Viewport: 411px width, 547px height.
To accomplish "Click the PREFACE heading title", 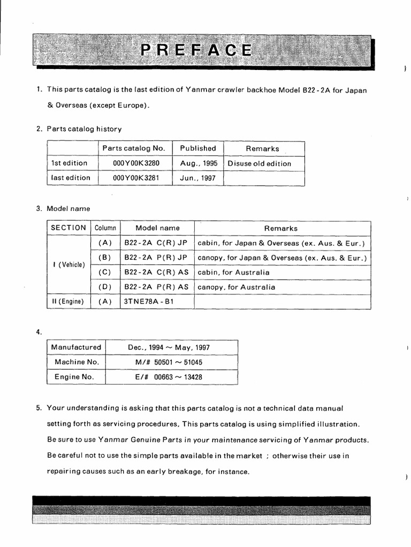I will click(196, 50).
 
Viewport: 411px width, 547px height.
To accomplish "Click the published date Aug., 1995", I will click(199, 163).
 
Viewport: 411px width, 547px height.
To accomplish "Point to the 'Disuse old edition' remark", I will click(260, 163).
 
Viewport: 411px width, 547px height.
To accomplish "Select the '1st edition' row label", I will click(69, 163).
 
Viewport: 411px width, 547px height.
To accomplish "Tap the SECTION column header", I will click(68, 228).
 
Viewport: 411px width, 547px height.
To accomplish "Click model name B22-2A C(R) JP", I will click(156, 243).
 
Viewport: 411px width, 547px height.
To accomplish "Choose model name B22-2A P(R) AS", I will click(156, 287).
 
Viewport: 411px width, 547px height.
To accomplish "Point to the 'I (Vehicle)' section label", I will click(68, 265).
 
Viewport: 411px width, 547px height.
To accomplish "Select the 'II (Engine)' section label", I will click(68, 302).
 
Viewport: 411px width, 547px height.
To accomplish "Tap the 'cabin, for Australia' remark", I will click(233, 272).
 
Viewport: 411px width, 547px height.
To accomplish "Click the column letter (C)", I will click(105, 272).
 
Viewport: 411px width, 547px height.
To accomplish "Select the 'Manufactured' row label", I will click(76, 347).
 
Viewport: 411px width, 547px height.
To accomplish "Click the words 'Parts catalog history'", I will click(84, 129).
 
